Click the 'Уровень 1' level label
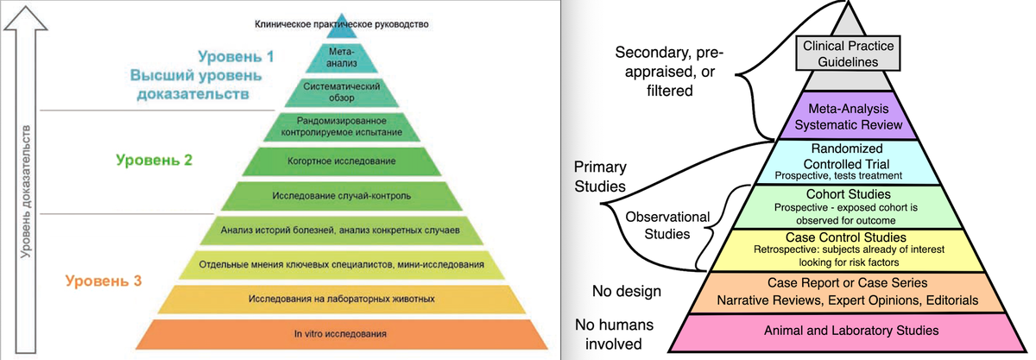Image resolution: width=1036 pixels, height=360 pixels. pyautogui.click(x=236, y=58)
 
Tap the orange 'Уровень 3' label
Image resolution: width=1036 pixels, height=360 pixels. pyautogui.click(x=104, y=281)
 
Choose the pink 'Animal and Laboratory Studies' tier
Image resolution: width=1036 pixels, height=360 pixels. pyautogui.click(x=850, y=331)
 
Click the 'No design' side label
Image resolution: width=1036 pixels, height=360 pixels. pyautogui.click(x=627, y=291)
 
